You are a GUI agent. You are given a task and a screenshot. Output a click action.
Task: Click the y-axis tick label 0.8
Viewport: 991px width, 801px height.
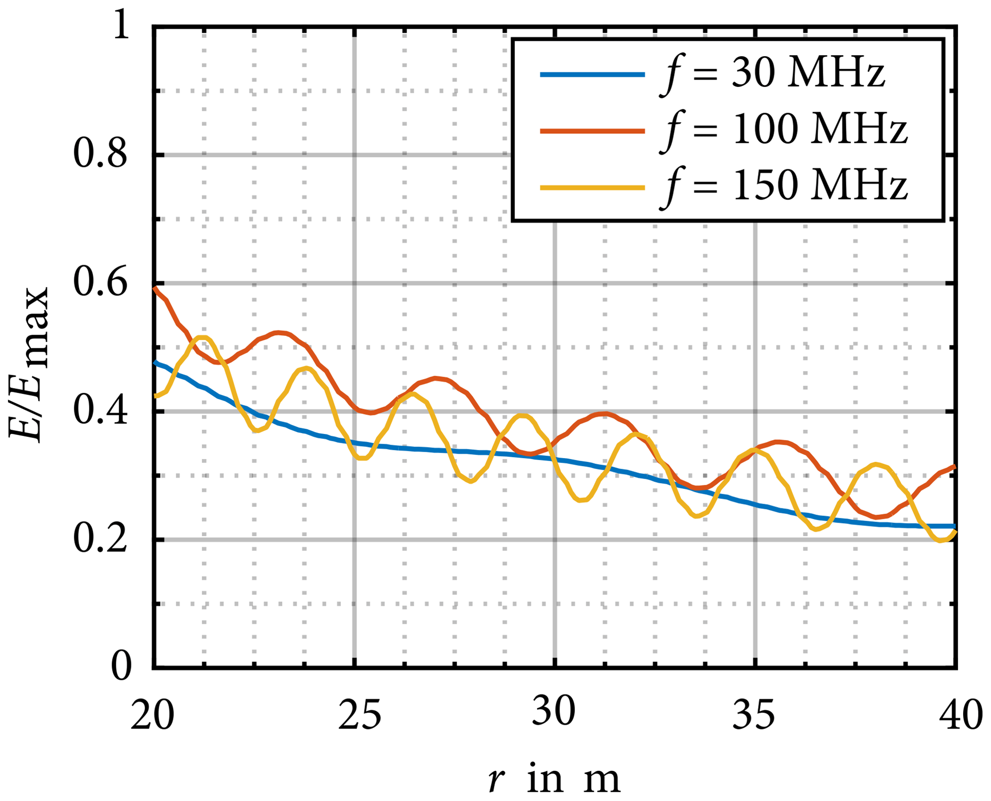[100, 155]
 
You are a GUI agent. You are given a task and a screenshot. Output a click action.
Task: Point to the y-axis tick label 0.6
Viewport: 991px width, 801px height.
[100, 283]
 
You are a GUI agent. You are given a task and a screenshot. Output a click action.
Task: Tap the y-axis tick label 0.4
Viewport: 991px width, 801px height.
[100, 412]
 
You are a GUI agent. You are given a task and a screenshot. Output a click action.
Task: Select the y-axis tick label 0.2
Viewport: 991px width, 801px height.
[100, 540]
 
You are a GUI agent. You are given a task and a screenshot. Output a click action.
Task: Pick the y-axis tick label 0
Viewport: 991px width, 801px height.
[121, 667]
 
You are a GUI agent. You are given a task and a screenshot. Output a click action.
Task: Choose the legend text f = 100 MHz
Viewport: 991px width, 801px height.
[783, 131]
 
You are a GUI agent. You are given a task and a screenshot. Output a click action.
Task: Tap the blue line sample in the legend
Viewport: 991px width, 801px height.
[592, 74]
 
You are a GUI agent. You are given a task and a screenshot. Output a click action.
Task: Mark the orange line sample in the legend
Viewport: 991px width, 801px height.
[592, 130]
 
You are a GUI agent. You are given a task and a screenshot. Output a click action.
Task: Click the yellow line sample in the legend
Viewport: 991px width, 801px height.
[592, 188]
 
